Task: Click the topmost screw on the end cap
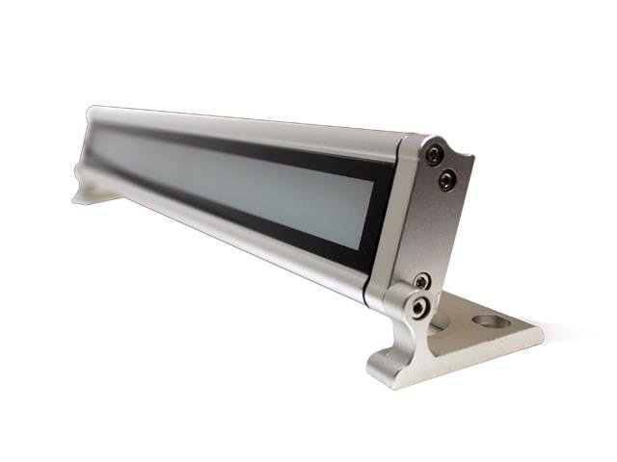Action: (x=434, y=154)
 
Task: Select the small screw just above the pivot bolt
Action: (x=422, y=280)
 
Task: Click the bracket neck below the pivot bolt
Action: (x=405, y=342)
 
